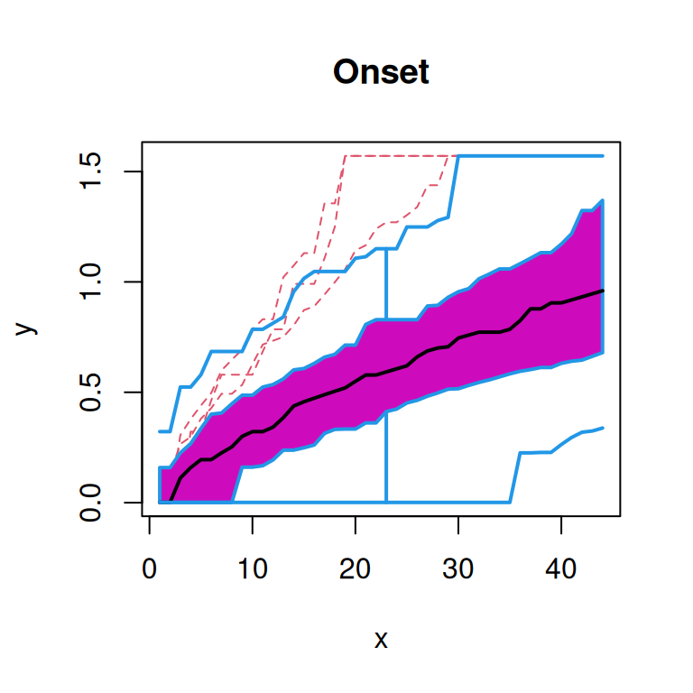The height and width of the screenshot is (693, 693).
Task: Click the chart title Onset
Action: pos(381,71)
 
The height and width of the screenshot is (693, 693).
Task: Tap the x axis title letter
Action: pos(381,641)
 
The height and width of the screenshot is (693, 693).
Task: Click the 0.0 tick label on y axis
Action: pos(90,502)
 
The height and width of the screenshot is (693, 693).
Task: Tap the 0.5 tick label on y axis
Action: pos(90,393)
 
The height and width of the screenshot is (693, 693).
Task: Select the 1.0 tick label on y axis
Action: pos(90,282)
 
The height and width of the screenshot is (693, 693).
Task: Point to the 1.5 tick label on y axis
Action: pos(90,171)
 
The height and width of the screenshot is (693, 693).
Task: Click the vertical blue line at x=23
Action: pos(386,379)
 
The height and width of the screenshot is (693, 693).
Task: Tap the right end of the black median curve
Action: pos(602,291)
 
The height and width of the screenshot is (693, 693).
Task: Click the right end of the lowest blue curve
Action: pos(602,428)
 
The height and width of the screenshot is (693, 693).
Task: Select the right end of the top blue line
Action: pos(602,156)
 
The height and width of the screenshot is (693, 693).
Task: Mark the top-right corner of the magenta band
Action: pos(602,201)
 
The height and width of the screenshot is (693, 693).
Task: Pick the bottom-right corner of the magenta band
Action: pos(602,351)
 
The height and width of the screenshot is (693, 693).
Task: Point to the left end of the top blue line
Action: pos(160,431)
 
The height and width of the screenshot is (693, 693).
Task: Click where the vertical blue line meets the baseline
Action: pos(386,502)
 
